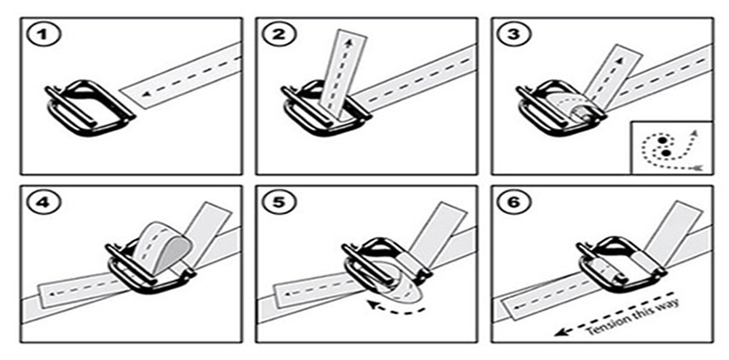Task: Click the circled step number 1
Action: (44, 35)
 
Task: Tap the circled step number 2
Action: (280, 35)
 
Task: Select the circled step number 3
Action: (515, 35)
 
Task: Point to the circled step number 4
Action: (44, 203)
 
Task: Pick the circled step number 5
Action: (280, 203)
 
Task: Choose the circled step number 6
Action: (515, 203)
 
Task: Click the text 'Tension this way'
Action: (632, 318)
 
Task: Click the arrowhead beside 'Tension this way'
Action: (561, 331)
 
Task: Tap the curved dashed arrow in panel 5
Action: (395, 309)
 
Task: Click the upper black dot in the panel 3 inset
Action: (663, 140)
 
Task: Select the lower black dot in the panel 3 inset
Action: (665, 152)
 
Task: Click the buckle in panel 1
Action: (90, 107)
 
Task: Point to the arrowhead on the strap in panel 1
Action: (146, 94)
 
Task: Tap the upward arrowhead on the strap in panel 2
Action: (348, 42)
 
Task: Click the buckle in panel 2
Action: (326, 107)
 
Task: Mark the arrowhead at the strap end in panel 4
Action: (52, 294)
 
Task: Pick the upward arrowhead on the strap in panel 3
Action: (618, 61)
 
